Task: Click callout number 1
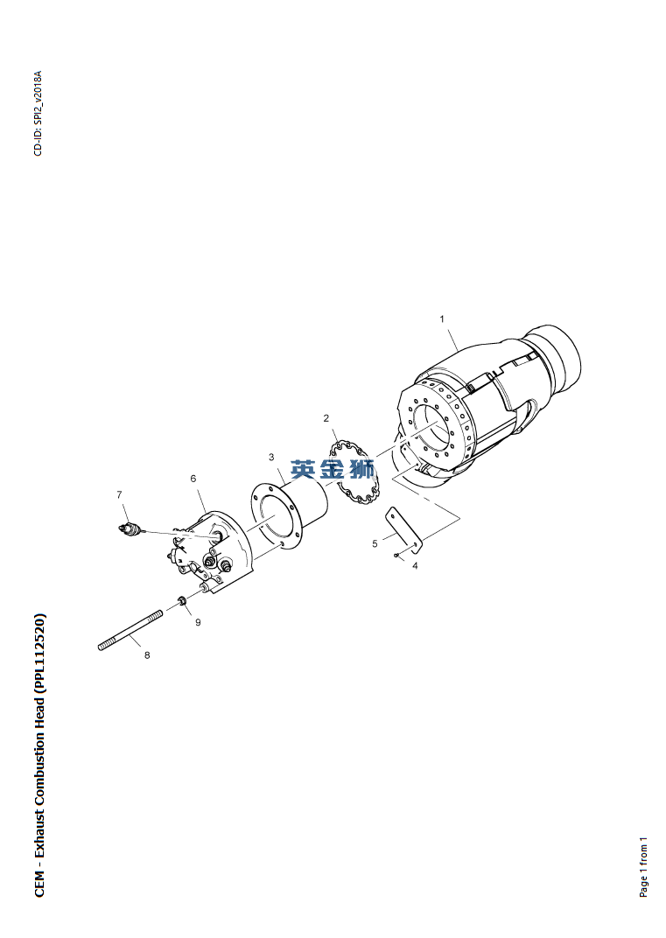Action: (442, 318)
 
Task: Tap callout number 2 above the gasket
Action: (326, 418)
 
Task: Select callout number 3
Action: (271, 457)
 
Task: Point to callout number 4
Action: (415, 565)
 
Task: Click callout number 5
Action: (375, 543)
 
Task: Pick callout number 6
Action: (193, 479)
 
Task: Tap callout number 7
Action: (119, 494)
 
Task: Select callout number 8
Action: (147, 655)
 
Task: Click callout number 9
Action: (198, 622)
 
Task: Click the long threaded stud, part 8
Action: (130, 630)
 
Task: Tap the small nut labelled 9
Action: (180, 600)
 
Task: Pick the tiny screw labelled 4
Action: (396, 555)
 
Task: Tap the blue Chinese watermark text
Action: (333, 469)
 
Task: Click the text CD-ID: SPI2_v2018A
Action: (39, 114)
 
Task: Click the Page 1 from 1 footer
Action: (644, 867)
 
